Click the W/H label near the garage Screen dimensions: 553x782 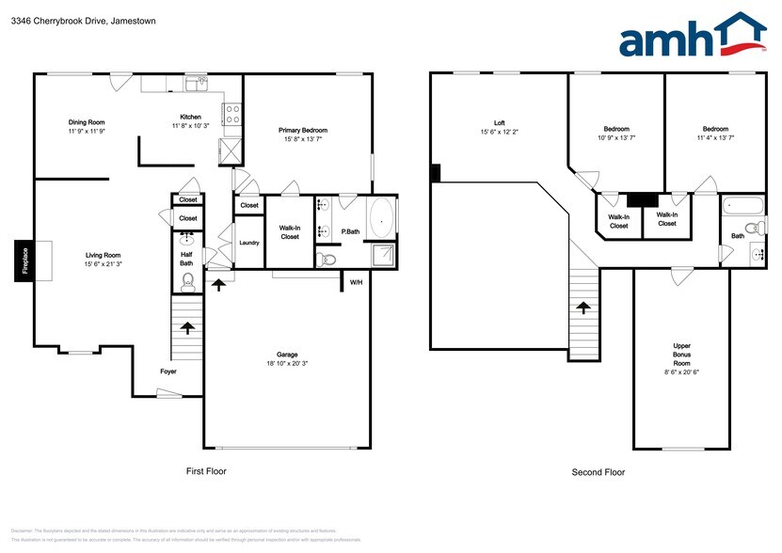point(356,282)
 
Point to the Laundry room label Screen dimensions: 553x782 point(249,243)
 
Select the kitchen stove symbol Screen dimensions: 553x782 point(232,114)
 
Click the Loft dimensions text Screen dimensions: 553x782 point(500,133)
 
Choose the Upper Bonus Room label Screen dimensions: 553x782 point(681,355)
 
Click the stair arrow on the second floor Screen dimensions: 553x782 point(583,308)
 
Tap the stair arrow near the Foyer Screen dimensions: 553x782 point(187,328)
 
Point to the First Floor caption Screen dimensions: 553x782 point(204,471)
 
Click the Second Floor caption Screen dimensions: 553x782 point(598,472)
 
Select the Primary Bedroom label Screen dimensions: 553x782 point(303,131)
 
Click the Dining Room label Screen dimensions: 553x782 point(86,121)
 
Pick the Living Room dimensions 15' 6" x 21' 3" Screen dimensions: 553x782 point(104,264)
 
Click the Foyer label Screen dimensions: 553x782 point(168,371)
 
